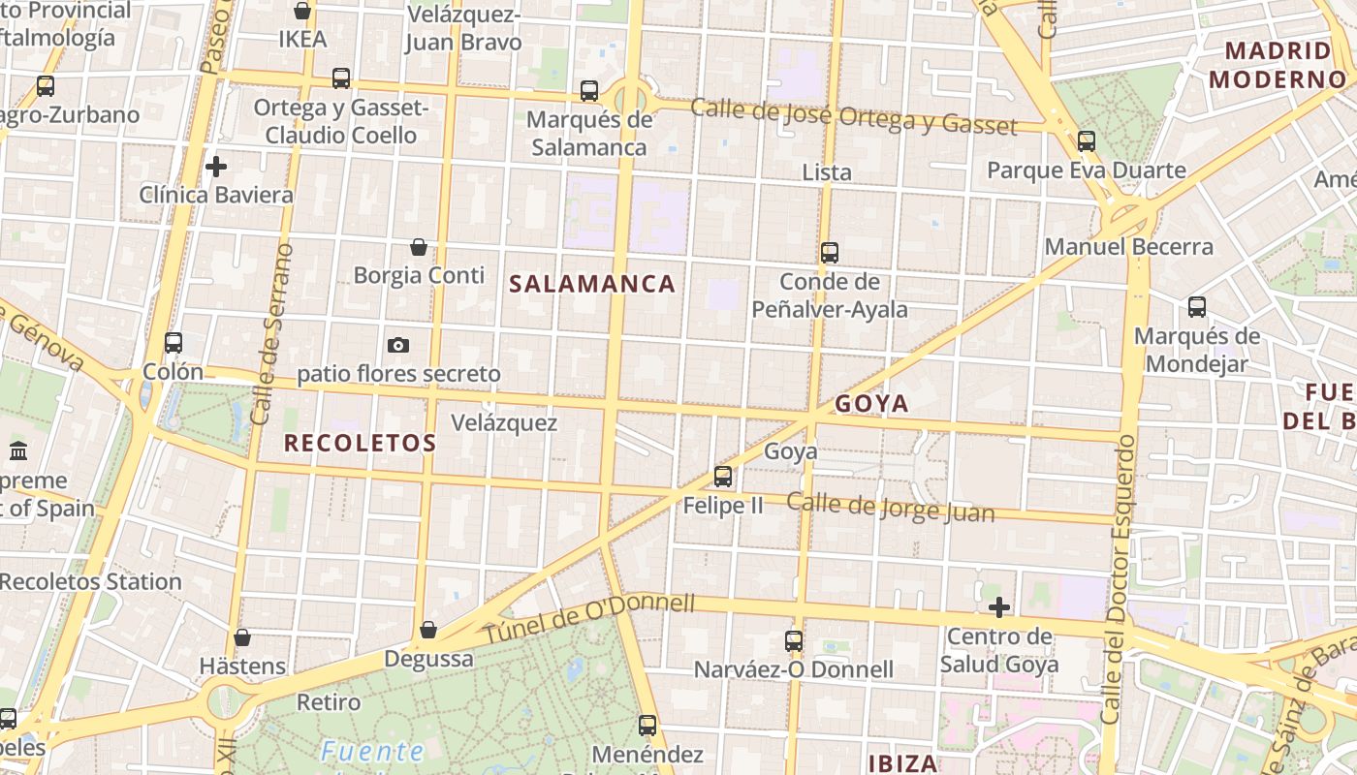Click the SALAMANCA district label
[592, 284]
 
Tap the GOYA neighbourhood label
[871, 403]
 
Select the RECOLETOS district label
[360, 443]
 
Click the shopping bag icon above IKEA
[302, 11]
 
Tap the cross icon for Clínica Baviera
[216, 167]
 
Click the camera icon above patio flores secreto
[397, 345]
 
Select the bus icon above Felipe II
[723, 476]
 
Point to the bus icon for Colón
[174, 343]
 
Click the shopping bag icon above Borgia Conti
[419, 247]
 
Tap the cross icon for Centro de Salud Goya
[999, 607]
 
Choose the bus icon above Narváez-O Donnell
[794, 640]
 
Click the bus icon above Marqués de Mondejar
[1197, 307]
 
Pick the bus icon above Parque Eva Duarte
[1087, 141]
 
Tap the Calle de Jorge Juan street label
[890, 507]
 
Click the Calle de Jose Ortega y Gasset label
[854, 116]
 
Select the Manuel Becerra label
[1128, 247]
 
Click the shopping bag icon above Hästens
[242, 637]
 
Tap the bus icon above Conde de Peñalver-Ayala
[830, 253]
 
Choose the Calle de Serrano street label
[271, 334]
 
